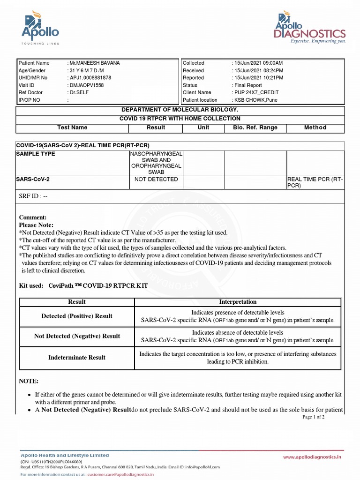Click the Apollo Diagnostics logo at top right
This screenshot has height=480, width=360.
pos(310,28)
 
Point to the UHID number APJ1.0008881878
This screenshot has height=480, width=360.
pos(90,78)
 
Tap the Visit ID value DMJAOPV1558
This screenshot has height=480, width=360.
pos(87,85)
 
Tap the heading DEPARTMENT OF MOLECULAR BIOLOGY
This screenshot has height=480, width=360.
pos(180,110)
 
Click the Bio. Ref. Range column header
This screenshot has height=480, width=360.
pos(255,127)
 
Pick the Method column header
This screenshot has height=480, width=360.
pos(315,127)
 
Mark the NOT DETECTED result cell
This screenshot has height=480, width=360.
pos(156,180)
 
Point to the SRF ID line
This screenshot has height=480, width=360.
pos(33,196)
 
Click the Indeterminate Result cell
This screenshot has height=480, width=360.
pos(77,358)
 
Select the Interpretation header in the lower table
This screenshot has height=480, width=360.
pos(238,302)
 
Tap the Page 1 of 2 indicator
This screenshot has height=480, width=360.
pos(313,417)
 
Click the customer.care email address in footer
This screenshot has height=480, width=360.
pos(120,474)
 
